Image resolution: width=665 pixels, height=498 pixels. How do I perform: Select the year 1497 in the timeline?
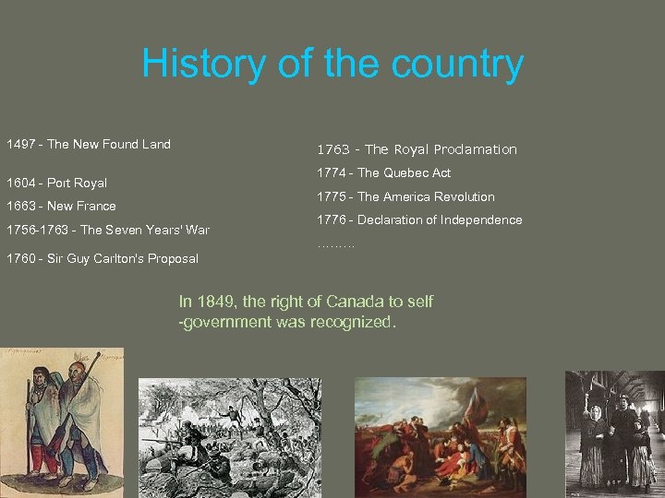[x=22, y=144]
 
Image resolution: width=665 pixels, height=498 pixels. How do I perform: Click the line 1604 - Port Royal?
[x=56, y=183]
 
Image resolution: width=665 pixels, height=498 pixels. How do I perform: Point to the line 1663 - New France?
[x=61, y=206]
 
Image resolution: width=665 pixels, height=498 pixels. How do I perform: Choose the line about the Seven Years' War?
[x=108, y=230]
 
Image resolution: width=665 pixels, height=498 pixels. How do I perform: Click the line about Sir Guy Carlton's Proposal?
[x=102, y=258]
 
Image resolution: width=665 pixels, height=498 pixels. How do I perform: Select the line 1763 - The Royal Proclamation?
[x=417, y=149]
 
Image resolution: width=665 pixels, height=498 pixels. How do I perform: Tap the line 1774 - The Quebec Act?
[x=383, y=172]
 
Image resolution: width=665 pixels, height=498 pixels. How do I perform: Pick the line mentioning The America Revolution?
[x=405, y=196]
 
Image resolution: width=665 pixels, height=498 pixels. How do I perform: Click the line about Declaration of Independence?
[x=419, y=220]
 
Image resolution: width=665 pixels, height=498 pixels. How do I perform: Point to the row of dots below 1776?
[x=335, y=245]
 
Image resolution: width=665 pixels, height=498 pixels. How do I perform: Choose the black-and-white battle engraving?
[x=229, y=433]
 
